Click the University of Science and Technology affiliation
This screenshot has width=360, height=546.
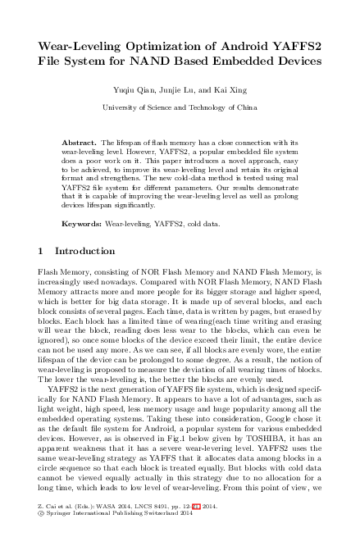click(180, 107)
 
